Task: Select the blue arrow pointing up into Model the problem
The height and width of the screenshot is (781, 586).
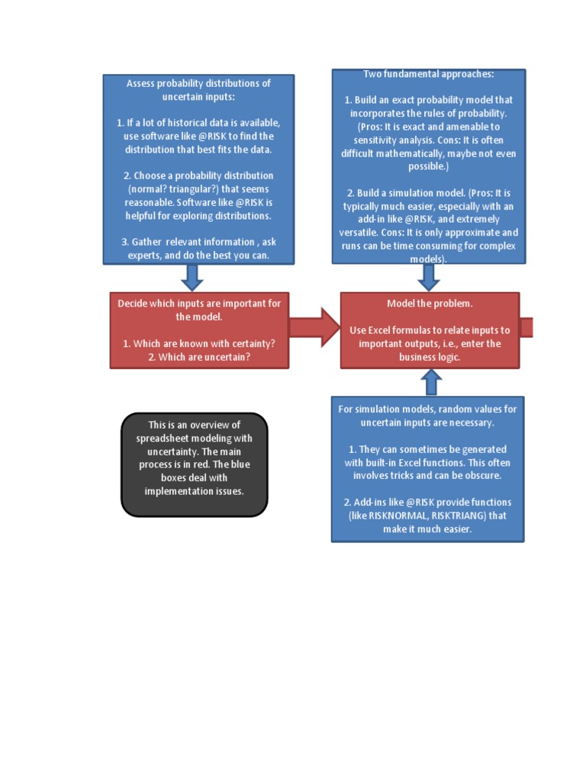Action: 430,381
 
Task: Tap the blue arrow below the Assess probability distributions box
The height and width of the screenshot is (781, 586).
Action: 192,277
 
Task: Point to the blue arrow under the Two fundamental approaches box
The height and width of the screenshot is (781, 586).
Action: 429,276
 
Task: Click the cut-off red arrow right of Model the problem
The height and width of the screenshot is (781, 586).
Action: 526,327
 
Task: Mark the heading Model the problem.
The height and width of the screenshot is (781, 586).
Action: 430,304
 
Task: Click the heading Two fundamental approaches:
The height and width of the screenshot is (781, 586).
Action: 429,74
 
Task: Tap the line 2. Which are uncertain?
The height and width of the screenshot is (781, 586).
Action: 199,357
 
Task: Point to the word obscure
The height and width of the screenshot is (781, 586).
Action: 480,476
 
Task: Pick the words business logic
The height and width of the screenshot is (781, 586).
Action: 430,357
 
